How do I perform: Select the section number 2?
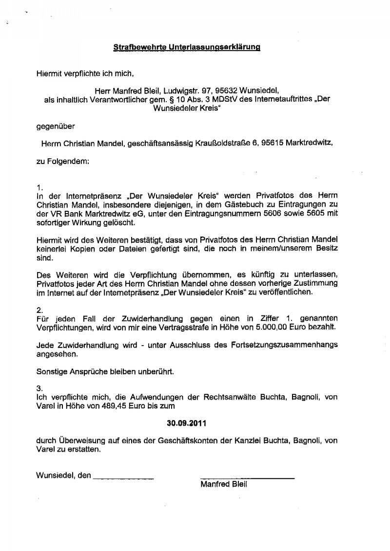[x=40, y=309]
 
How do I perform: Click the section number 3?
[x=40, y=388]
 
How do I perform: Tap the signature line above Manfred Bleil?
[x=247, y=478]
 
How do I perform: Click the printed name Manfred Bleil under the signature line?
[x=224, y=484]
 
